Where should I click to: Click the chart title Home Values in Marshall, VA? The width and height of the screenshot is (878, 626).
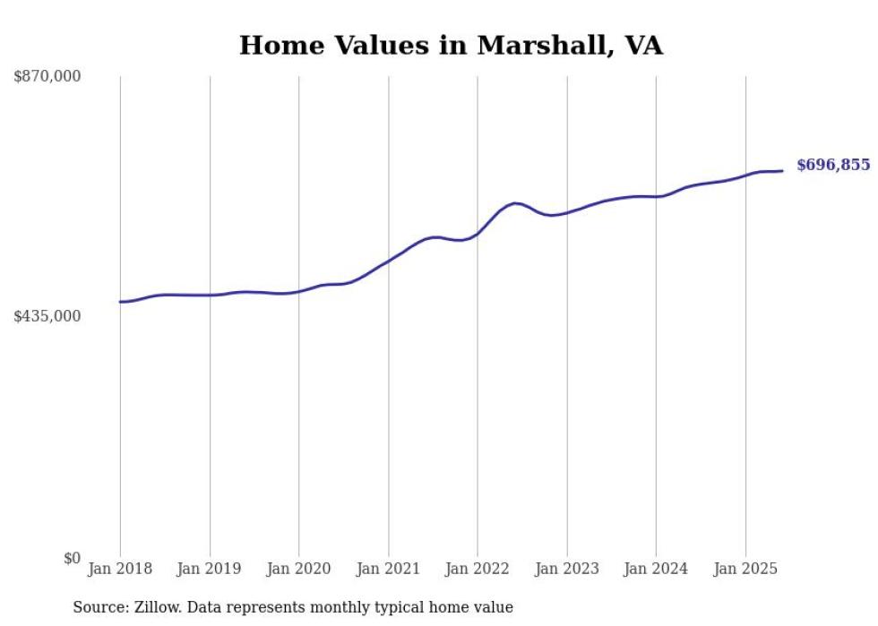451,46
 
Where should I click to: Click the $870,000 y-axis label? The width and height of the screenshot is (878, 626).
47,77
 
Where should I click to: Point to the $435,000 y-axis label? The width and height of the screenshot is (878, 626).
47,316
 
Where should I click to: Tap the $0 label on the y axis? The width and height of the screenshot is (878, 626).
73,558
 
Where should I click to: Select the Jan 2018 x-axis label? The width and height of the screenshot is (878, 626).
120,569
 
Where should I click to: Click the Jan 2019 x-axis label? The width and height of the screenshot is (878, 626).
210,569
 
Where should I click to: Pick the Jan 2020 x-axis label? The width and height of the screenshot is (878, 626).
299,569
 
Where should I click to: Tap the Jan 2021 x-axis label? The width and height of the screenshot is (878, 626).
389,569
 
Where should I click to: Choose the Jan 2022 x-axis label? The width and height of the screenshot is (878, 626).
478,569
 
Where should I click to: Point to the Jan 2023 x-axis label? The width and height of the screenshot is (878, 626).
567,569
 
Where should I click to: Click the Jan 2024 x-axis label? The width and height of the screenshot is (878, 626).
656,569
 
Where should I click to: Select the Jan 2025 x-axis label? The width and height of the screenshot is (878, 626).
745,569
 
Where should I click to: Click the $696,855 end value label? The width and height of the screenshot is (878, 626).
832,165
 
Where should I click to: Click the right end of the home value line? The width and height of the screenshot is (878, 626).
783,171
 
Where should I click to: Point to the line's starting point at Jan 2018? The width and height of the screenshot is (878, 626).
120,302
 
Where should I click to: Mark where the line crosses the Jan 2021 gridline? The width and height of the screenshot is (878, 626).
389,261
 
